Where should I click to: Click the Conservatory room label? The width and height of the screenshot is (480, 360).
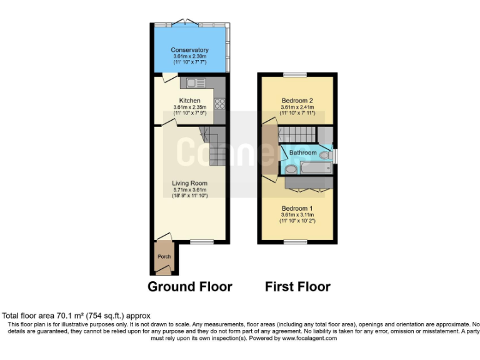click(190, 50)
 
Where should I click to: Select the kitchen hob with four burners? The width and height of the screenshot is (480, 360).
click(220, 104)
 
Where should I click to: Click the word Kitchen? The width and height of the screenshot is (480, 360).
click(190, 101)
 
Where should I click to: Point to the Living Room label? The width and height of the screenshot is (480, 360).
click(190, 183)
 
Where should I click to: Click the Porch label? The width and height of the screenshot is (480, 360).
click(164, 257)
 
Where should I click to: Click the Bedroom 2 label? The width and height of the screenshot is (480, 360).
click(297, 101)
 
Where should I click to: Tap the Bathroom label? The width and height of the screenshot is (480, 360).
click(302, 152)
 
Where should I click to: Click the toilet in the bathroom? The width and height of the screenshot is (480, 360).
click(325, 156)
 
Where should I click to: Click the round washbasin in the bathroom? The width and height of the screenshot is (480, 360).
click(291, 169)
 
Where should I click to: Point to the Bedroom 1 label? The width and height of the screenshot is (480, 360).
click(297, 208)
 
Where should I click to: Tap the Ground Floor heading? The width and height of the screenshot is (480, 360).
click(189, 287)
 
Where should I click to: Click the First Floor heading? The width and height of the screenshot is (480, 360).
click(297, 287)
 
